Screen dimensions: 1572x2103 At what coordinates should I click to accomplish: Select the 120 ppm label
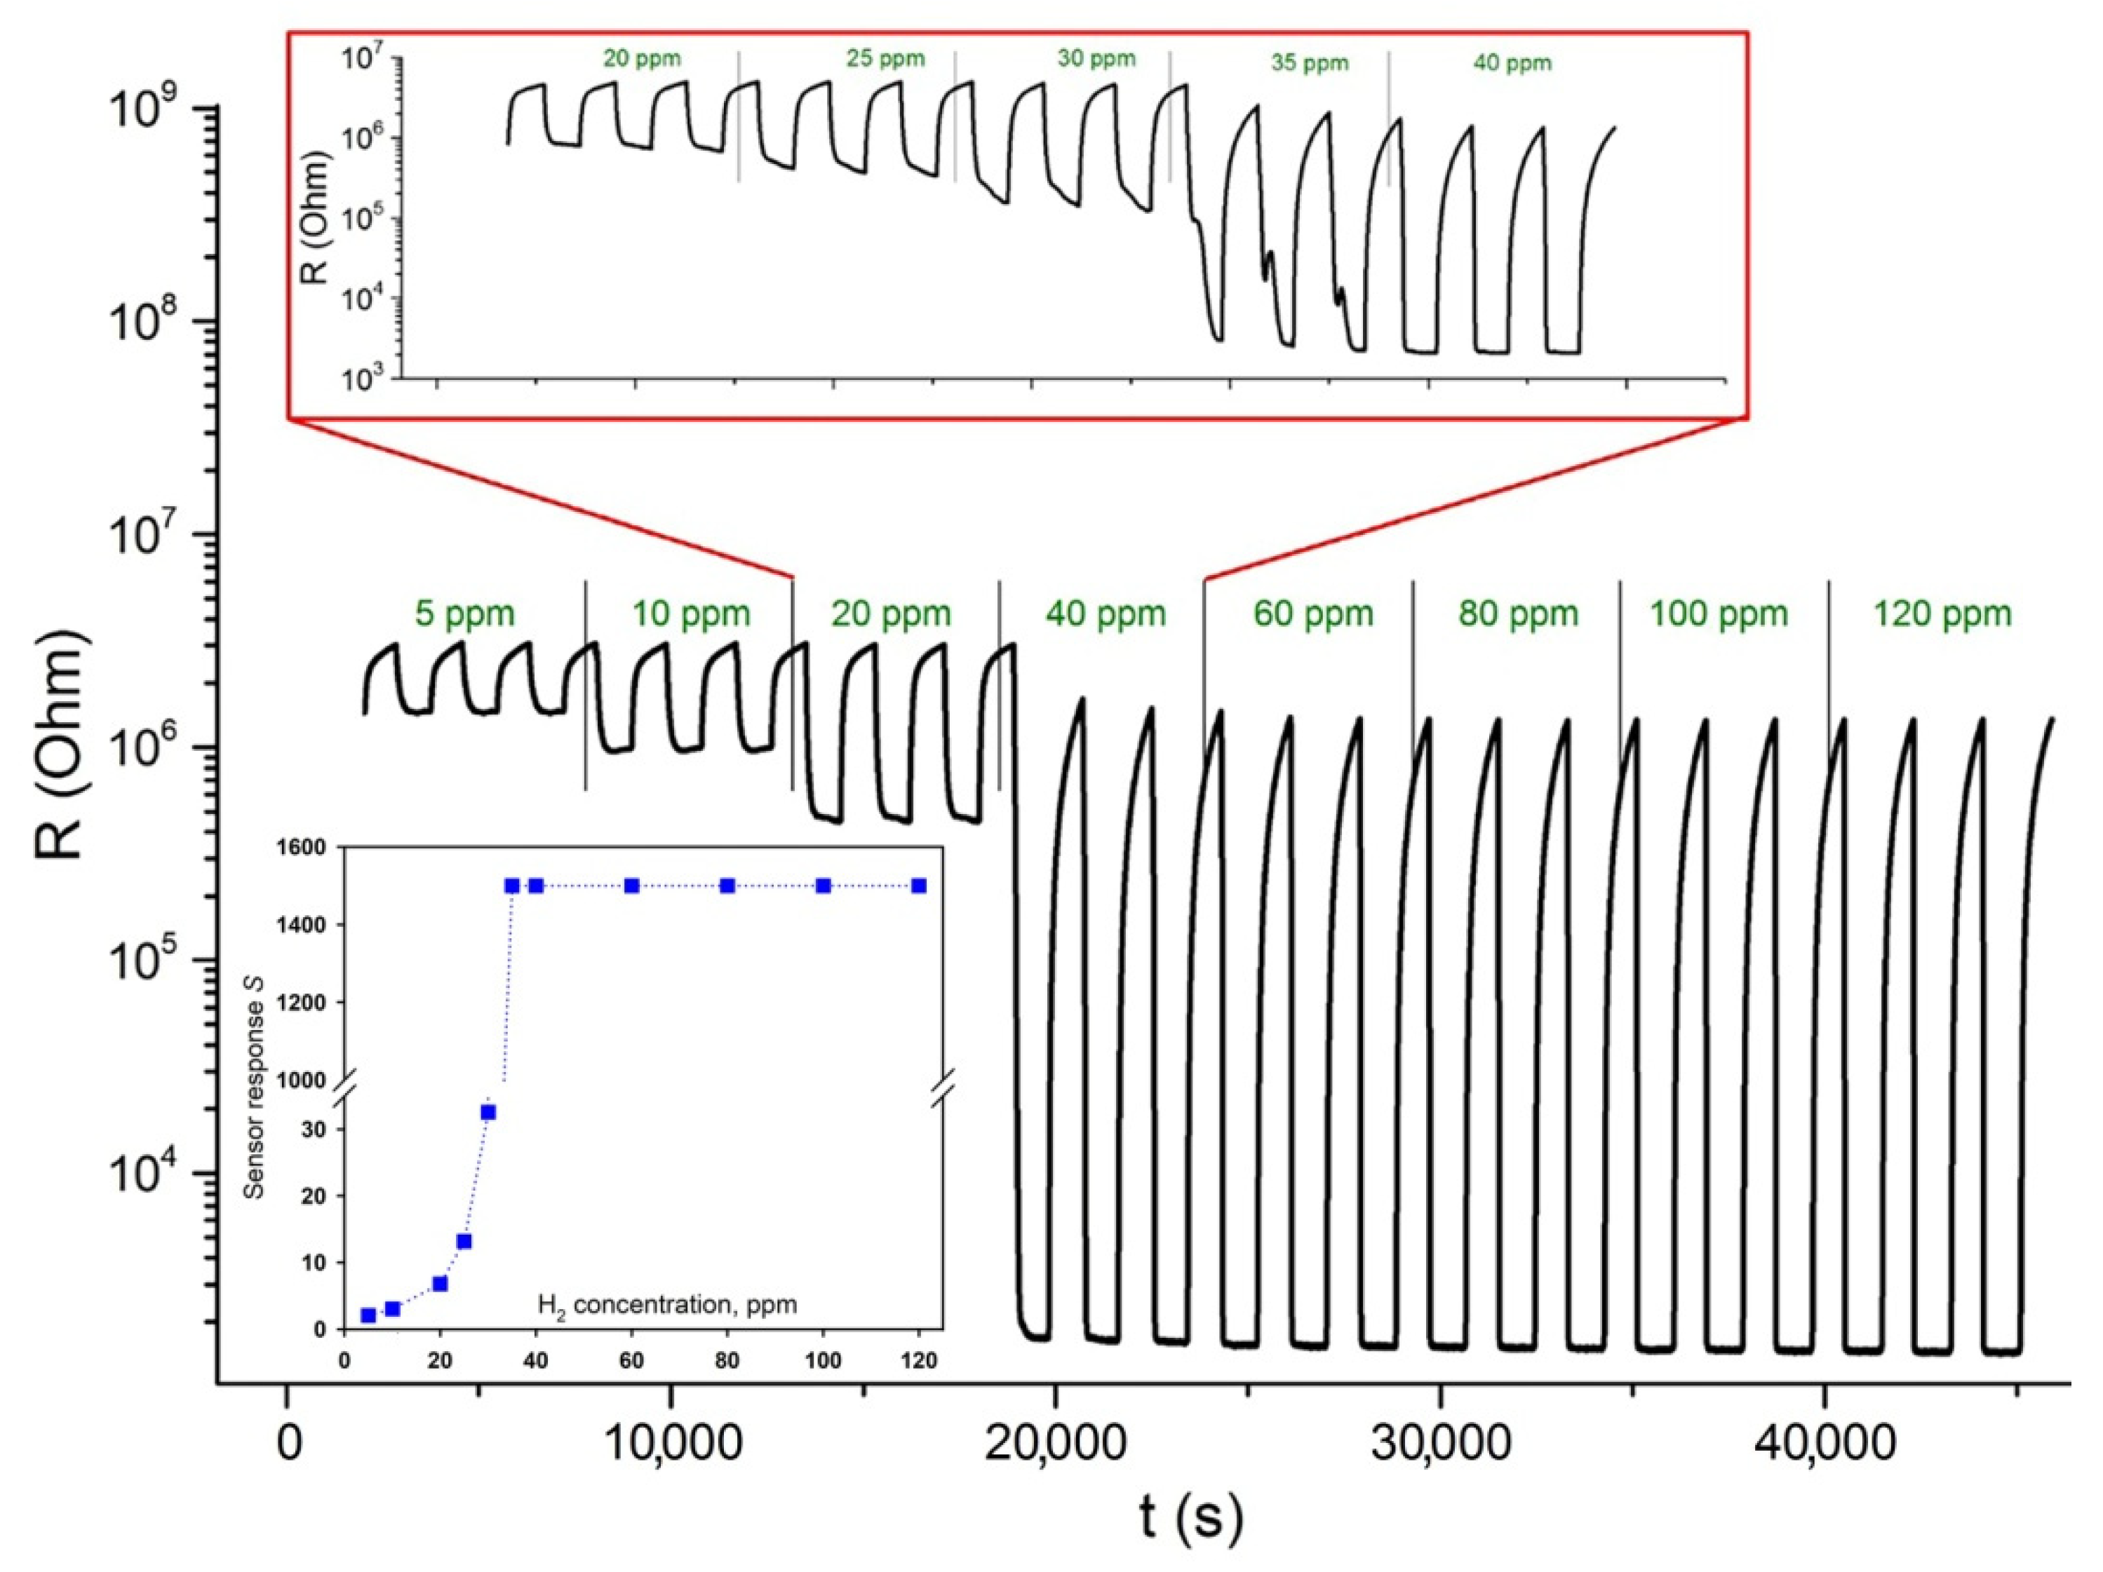pyautogui.click(x=1942, y=614)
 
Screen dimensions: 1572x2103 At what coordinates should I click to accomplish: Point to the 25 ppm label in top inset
pyautogui.click(x=885, y=59)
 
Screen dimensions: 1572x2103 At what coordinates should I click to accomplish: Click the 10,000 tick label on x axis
pyautogui.click(x=672, y=1444)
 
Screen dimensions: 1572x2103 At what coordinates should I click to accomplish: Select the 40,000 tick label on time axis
pyautogui.click(x=1825, y=1444)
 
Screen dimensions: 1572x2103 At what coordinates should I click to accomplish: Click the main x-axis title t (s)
pyautogui.click(x=1190, y=1518)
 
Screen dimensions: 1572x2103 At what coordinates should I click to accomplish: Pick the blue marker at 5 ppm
pyautogui.click(x=368, y=1315)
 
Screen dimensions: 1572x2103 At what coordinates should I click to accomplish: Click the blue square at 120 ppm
pyautogui.click(x=918, y=886)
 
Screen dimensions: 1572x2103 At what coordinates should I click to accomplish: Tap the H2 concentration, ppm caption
pyautogui.click(x=667, y=1305)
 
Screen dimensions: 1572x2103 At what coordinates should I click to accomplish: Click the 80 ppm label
pyautogui.click(x=1518, y=614)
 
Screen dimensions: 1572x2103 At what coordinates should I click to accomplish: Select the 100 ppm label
pyautogui.click(x=1718, y=614)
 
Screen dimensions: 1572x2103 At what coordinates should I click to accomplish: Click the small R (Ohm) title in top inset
pyautogui.click(x=315, y=219)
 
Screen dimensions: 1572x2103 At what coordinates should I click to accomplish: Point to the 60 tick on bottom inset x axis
pyautogui.click(x=631, y=1360)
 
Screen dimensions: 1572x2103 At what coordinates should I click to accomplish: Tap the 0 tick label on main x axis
pyautogui.click(x=287, y=1444)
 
